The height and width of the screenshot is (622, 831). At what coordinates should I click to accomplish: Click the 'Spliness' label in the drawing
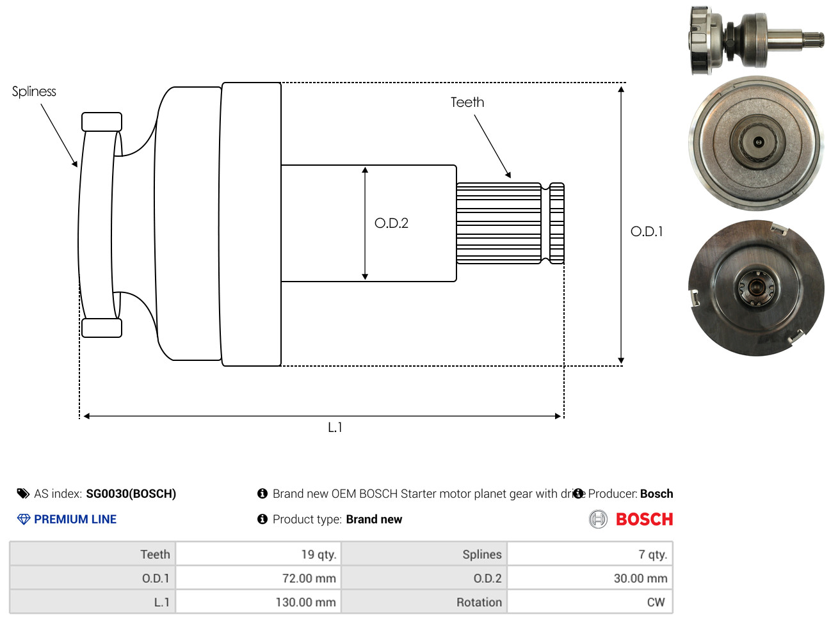34,92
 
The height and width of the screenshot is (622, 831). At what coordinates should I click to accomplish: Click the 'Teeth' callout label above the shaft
467,102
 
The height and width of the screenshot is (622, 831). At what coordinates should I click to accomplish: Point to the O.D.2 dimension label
391,223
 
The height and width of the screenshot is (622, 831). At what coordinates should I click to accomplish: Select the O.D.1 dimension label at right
647,232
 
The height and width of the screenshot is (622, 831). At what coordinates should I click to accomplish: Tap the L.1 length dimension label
335,427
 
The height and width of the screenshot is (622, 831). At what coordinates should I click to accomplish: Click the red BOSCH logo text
644,520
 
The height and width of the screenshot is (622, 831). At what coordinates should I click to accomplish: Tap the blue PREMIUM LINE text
75,520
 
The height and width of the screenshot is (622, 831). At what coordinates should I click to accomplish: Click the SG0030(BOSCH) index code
131,494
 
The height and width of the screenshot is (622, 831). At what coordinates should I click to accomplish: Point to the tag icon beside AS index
23,493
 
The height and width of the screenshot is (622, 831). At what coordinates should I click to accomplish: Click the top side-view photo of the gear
755,40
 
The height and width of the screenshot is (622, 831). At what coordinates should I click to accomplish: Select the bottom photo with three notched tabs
756,289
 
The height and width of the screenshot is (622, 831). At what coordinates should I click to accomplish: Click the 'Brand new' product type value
374,520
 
